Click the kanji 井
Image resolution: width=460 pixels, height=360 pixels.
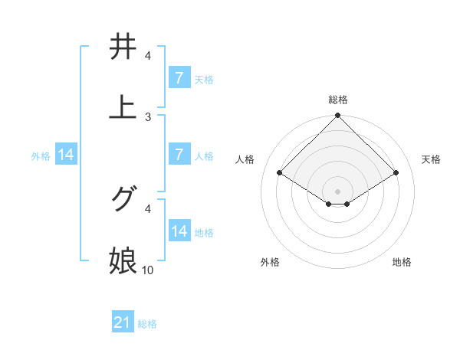coord(123,47)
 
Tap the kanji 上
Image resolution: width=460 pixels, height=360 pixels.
coord(123,107)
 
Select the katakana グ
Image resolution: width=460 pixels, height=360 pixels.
coord(123,199)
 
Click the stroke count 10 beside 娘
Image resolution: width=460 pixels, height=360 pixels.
coord(148,270)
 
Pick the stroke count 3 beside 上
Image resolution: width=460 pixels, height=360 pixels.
coord(148,117)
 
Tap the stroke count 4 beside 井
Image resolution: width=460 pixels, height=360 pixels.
coord(148,56)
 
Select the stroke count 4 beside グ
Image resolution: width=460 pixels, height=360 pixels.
coord(148,208)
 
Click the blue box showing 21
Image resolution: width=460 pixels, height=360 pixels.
coord(123,323)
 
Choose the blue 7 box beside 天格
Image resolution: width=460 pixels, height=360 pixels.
coord(179,78)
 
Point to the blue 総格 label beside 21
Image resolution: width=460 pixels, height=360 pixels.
coord(147,324)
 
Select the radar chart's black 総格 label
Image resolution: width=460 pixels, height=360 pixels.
coord(338,100)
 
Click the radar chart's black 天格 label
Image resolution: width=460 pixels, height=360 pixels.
coord(432,159)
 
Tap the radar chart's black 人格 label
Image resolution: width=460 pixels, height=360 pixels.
coord(245,159)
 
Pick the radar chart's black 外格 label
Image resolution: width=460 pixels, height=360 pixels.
coord(270,262)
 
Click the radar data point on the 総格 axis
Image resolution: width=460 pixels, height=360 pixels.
coord(338,116)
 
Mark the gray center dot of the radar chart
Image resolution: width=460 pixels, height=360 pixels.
coord(338,191)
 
